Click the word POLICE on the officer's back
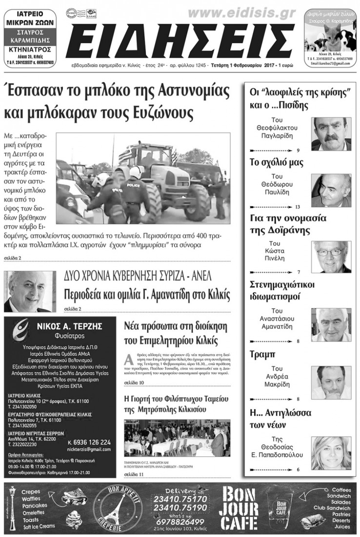pos(134,185)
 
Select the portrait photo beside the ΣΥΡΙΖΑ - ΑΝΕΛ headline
pos(30,291)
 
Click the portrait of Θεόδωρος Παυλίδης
pos(331,190)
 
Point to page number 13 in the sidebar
pos(298,207)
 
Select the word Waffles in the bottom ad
pos(33,498)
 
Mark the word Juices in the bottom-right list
pos(342,527)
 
